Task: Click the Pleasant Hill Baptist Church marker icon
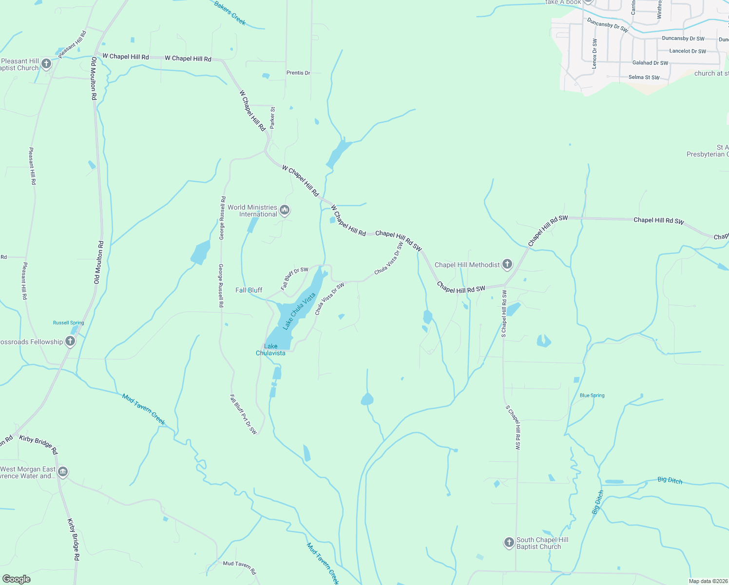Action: click(x=46, y=64)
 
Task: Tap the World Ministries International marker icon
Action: click(x=285, y=211)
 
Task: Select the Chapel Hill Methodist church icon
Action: click(x=507, y=265)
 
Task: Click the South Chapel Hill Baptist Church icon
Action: click(x=509, y=543)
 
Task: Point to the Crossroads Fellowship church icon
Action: click(x=70, y=342)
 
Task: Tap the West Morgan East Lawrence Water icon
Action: click(x=63, y=472)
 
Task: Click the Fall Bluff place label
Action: click(x=249, y=290)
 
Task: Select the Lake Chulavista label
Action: click(x=270, y=350)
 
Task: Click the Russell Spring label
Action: click(x=69, y=323)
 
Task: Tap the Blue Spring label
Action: click(x=592, y=395)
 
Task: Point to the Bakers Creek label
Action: click(x=230, y=13)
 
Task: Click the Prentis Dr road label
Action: click(x=298, y=73)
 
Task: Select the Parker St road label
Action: click(x=272, y=117)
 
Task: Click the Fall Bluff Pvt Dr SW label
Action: click(x=243, y=414)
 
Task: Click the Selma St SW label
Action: click(x=644, y=77)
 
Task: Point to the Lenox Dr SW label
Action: click(x=595, y=54)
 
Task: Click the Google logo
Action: click(x=16, y=579)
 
